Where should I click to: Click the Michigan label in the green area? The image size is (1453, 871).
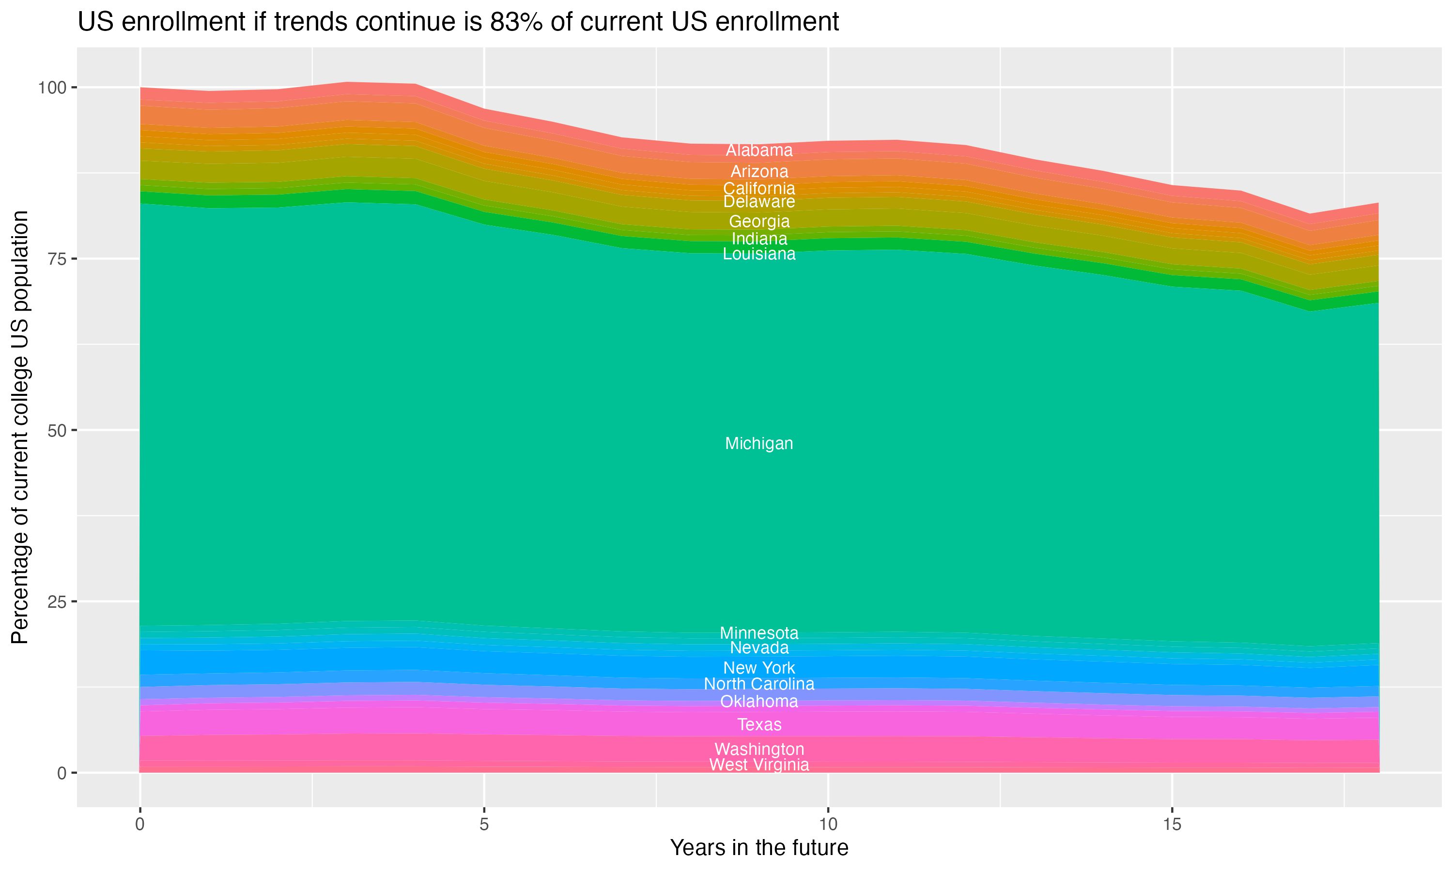tap(759, 444)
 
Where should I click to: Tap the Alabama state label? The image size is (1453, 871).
tap(759, 150)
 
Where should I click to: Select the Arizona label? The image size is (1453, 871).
tap(759, 172)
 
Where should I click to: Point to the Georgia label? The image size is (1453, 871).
tap(759, 222)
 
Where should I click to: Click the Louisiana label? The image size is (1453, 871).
tap(759, 254)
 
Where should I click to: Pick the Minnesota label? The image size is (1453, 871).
tap(759, 633)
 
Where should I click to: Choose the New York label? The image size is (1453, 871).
tap(759, 668)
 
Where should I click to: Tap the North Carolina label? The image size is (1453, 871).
tap(759, 684)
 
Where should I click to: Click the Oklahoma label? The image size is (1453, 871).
tap(759, 701)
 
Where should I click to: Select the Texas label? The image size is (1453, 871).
tap(759, 725)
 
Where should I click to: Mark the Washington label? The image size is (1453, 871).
tap(759, 750)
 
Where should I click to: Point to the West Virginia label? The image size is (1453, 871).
tap(759, 765)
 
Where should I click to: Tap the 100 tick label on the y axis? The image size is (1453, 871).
tap(52, 88)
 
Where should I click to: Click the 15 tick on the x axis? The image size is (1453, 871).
tap(1172, 825)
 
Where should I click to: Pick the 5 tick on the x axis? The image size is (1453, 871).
tap(484, 825)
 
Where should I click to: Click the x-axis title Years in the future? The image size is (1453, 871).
tap(759, 848)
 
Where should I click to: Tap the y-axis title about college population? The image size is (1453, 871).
tap(20, 427)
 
